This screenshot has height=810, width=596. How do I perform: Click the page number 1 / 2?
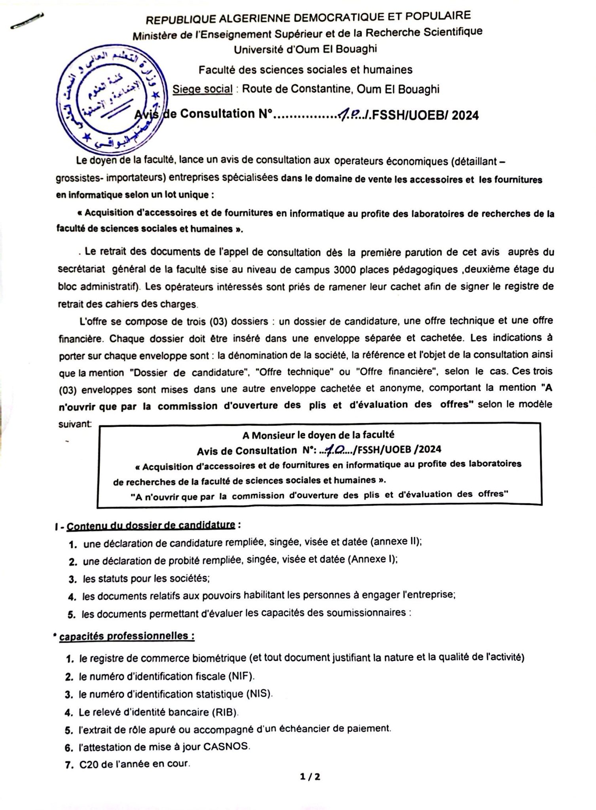point(310,776)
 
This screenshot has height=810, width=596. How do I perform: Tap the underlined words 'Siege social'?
point(202,89)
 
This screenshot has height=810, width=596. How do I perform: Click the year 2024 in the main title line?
point(465,115)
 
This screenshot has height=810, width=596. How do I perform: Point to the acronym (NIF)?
point(241,676)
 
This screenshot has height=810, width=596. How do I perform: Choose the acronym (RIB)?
point(225,712)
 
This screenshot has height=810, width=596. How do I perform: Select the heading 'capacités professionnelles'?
point(127,636)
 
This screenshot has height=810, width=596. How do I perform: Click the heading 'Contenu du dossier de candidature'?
point(151,526)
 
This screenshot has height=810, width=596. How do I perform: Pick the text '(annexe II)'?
point(396,542)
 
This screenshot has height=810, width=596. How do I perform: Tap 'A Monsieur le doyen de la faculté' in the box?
point(318,435)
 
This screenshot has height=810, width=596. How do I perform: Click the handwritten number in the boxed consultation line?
point(334,449)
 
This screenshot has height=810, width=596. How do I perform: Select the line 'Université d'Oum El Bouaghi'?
point(305,49)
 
